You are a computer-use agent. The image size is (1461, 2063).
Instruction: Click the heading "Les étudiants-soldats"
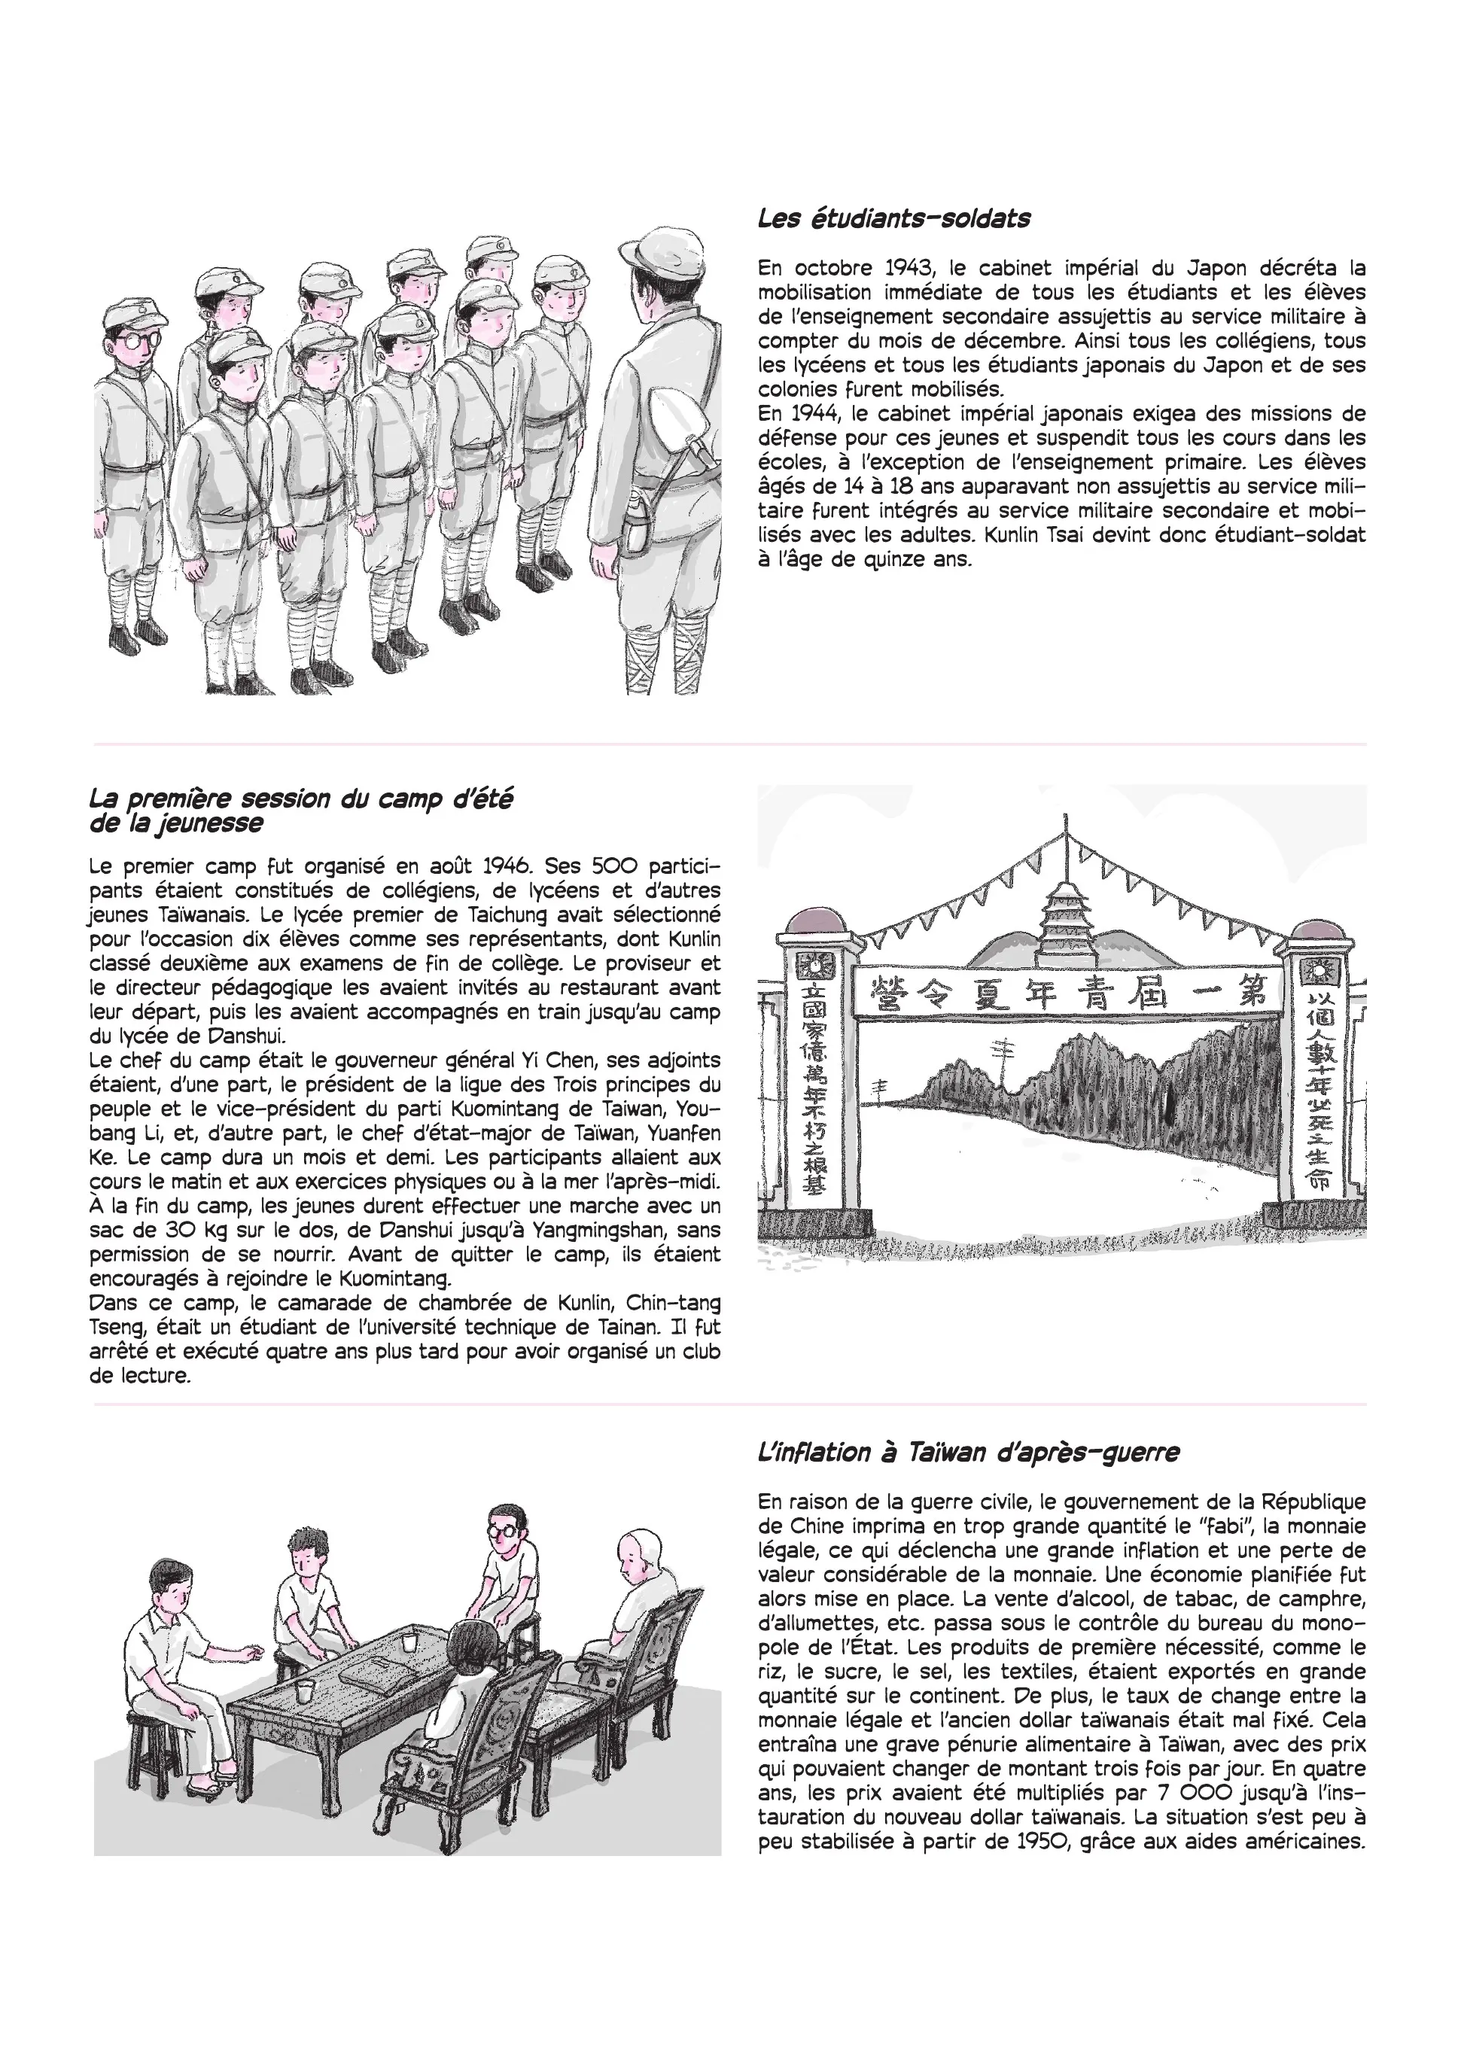click(893, 218)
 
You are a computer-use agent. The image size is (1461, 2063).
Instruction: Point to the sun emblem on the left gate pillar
click(815, 963)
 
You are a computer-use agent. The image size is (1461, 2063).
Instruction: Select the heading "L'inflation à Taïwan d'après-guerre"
click(968, 1453)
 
